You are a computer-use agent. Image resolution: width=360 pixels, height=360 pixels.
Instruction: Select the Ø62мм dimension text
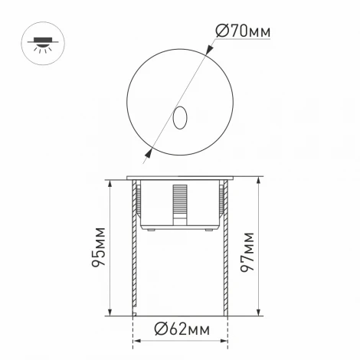tap(181, 330)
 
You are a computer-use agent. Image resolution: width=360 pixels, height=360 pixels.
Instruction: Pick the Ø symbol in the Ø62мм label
tap(160, 330)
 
